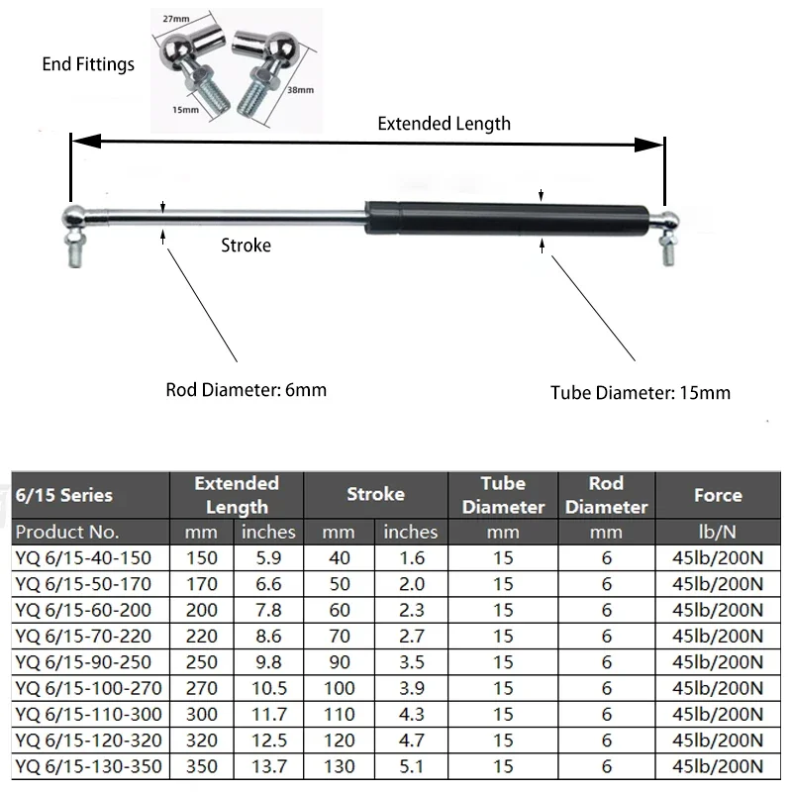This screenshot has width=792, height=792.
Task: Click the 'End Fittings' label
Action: point(87,65)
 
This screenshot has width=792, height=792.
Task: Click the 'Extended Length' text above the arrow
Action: point(445,124)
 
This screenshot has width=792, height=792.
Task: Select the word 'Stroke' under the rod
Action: point(246,245)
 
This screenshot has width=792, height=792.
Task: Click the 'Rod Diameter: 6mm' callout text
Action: point(246,389)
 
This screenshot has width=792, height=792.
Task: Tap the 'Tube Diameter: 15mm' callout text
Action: point(641,392)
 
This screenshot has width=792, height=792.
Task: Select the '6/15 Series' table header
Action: point(64,494)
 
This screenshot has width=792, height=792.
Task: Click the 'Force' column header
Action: point(718,494)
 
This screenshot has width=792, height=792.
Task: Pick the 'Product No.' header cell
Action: point(68,532)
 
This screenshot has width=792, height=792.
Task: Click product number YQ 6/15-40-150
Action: point(83,557)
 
